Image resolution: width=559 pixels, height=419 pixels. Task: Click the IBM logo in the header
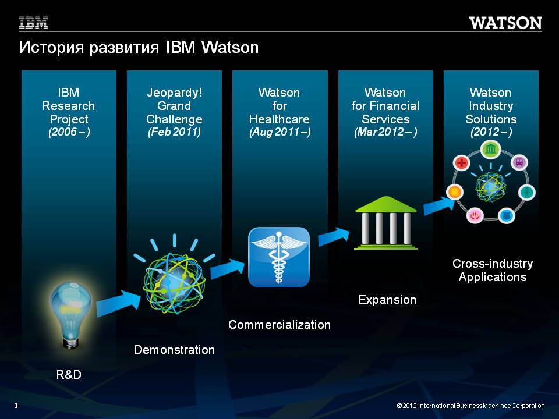pyautogui.click(x=33, y=23)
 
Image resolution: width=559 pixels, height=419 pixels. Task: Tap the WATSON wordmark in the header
pyautogui.click(x=505, y=23)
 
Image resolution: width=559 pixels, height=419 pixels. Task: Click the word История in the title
pyautogui.click(x=52, y=47)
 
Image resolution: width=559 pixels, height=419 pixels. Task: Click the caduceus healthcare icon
pyautogui.click(x=279, y=257)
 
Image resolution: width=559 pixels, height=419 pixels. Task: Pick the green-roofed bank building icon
pyautogui.click(x=385, y=223)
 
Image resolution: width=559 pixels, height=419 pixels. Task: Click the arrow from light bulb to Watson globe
pyautogui.click(x=119, y=304)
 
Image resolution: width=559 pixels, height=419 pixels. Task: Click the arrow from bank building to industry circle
pyautogui.click(x=439, y=205)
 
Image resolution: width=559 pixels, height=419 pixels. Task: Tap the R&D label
pyautogui.click(x=69, y=374)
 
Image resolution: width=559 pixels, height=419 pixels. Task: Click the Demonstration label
pyautogui.click(x=174, y=350)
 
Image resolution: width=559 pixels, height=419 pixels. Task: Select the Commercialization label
pyautogui.click(x=279, y=325)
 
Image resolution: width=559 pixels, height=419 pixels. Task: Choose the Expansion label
pyautogui.click(x=387, y=300)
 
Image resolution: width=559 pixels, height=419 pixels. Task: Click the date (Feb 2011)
pyautogui.click(x=174, y=132)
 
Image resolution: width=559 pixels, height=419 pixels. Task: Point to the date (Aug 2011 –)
pyautogui.click(x=280, y=132)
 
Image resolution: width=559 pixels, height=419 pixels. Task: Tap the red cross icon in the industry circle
pyautogui.click(x=461, y=163)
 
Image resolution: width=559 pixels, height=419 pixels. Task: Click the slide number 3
pyautogui.click(x=16, y=406)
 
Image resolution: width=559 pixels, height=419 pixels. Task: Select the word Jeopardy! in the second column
pyautogui.click(x=174, y=93)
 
